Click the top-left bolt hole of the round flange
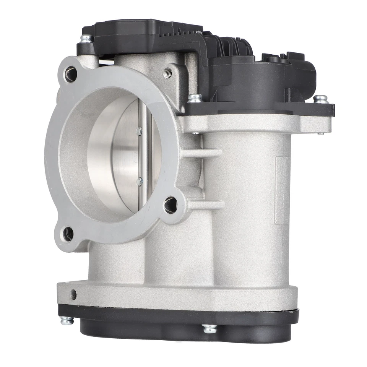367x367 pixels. click(x=70, y=74)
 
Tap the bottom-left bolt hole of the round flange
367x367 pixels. click(x=68, y=234)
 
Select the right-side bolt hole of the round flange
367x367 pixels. click(x=171, y=205)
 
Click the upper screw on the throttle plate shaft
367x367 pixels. click(x=139, y=131)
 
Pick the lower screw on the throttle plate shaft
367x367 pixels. click(x=139, y=181)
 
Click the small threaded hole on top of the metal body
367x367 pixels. click(x=167, y=73)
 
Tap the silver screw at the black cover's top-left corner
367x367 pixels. click(x=86, y=38)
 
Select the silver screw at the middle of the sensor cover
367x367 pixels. click(x=195, y=98)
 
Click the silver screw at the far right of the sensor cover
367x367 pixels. click(x=320, y=99)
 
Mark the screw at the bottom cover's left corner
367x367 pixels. click(x=67, y=320)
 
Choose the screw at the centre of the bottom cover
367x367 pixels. click(x=209, y=328)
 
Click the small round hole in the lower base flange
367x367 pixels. click(x=73, y=294)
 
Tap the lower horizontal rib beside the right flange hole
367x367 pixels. click(x=206, y=205)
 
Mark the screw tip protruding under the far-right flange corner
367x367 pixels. click(x=320, y=133)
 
